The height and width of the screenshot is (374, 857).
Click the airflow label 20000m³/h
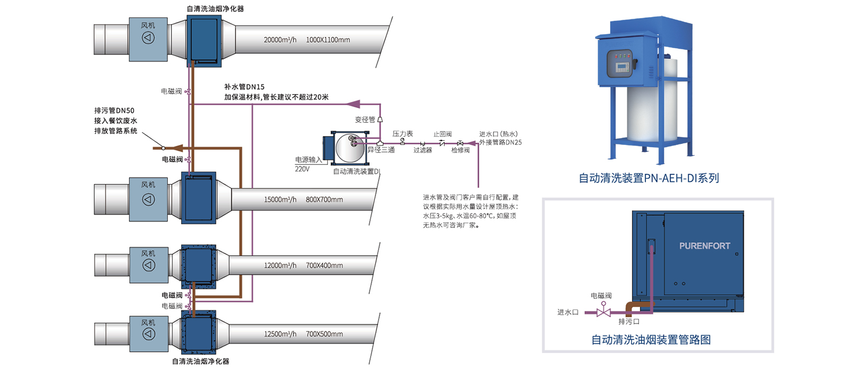coord(280,40)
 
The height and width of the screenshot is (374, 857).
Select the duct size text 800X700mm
coord(324,200)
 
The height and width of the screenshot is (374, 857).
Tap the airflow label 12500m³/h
coord(280,334)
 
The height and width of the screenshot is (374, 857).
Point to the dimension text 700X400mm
coord(324,265)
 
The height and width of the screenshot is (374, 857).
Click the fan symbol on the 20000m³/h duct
coord(148,37)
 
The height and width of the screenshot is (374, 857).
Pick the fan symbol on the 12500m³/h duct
coord(148,334)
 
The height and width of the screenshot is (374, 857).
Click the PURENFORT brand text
coord(704,246)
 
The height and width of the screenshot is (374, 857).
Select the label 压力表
coord(402,134)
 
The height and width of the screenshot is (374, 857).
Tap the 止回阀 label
coord(442,134)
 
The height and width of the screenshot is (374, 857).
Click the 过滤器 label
coord(422,150)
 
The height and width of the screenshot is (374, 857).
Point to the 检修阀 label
coord(460,150)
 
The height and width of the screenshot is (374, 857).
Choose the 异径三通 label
coord(381,150)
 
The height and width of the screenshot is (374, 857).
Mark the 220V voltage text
coord(302,169)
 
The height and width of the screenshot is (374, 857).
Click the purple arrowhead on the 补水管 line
coord(354,104)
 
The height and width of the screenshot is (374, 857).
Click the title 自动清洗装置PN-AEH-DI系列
coord(648,178)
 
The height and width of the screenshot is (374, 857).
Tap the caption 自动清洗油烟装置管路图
coord(650,340)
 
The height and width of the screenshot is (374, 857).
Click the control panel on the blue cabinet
coord(621,64)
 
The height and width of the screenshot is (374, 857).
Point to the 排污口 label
coord(629,322)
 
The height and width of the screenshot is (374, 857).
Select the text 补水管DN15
coord(244,87)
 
